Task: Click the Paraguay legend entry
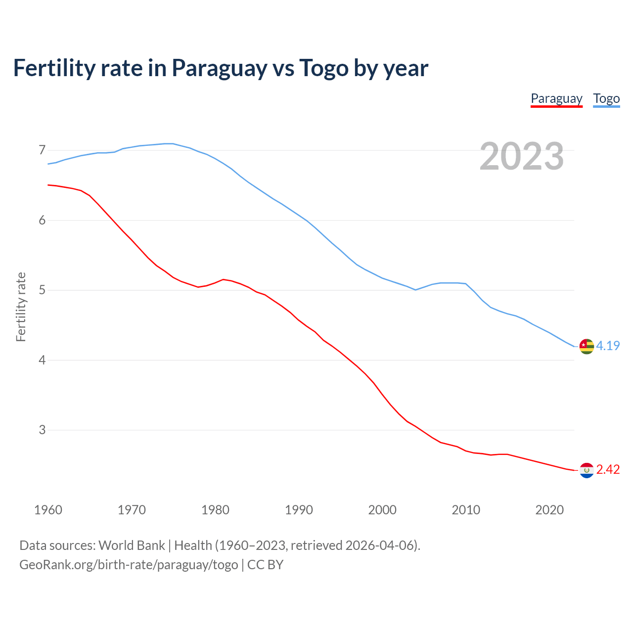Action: (556, 98)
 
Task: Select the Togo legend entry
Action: (606, 98)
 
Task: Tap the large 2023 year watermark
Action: (522, 156)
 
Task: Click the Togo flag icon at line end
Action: (587, 346)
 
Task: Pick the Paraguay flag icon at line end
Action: (587, 470)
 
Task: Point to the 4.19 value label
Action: (608, 346)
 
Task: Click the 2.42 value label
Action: (608, 469)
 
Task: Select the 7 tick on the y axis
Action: (42, 150)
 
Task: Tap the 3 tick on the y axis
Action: (42, 430)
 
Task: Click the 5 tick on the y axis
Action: (42, 290)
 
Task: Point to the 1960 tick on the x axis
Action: (48, 510)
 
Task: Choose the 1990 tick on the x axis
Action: (299, 510)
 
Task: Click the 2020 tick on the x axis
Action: (549, 510)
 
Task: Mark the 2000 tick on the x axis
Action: (382, 510)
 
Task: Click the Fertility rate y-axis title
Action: (21, 307)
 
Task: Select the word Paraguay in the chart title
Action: (219, 68)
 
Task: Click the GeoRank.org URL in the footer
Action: (129, 565)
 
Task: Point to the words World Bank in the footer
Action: (132, 545)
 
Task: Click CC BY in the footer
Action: (265, 565)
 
